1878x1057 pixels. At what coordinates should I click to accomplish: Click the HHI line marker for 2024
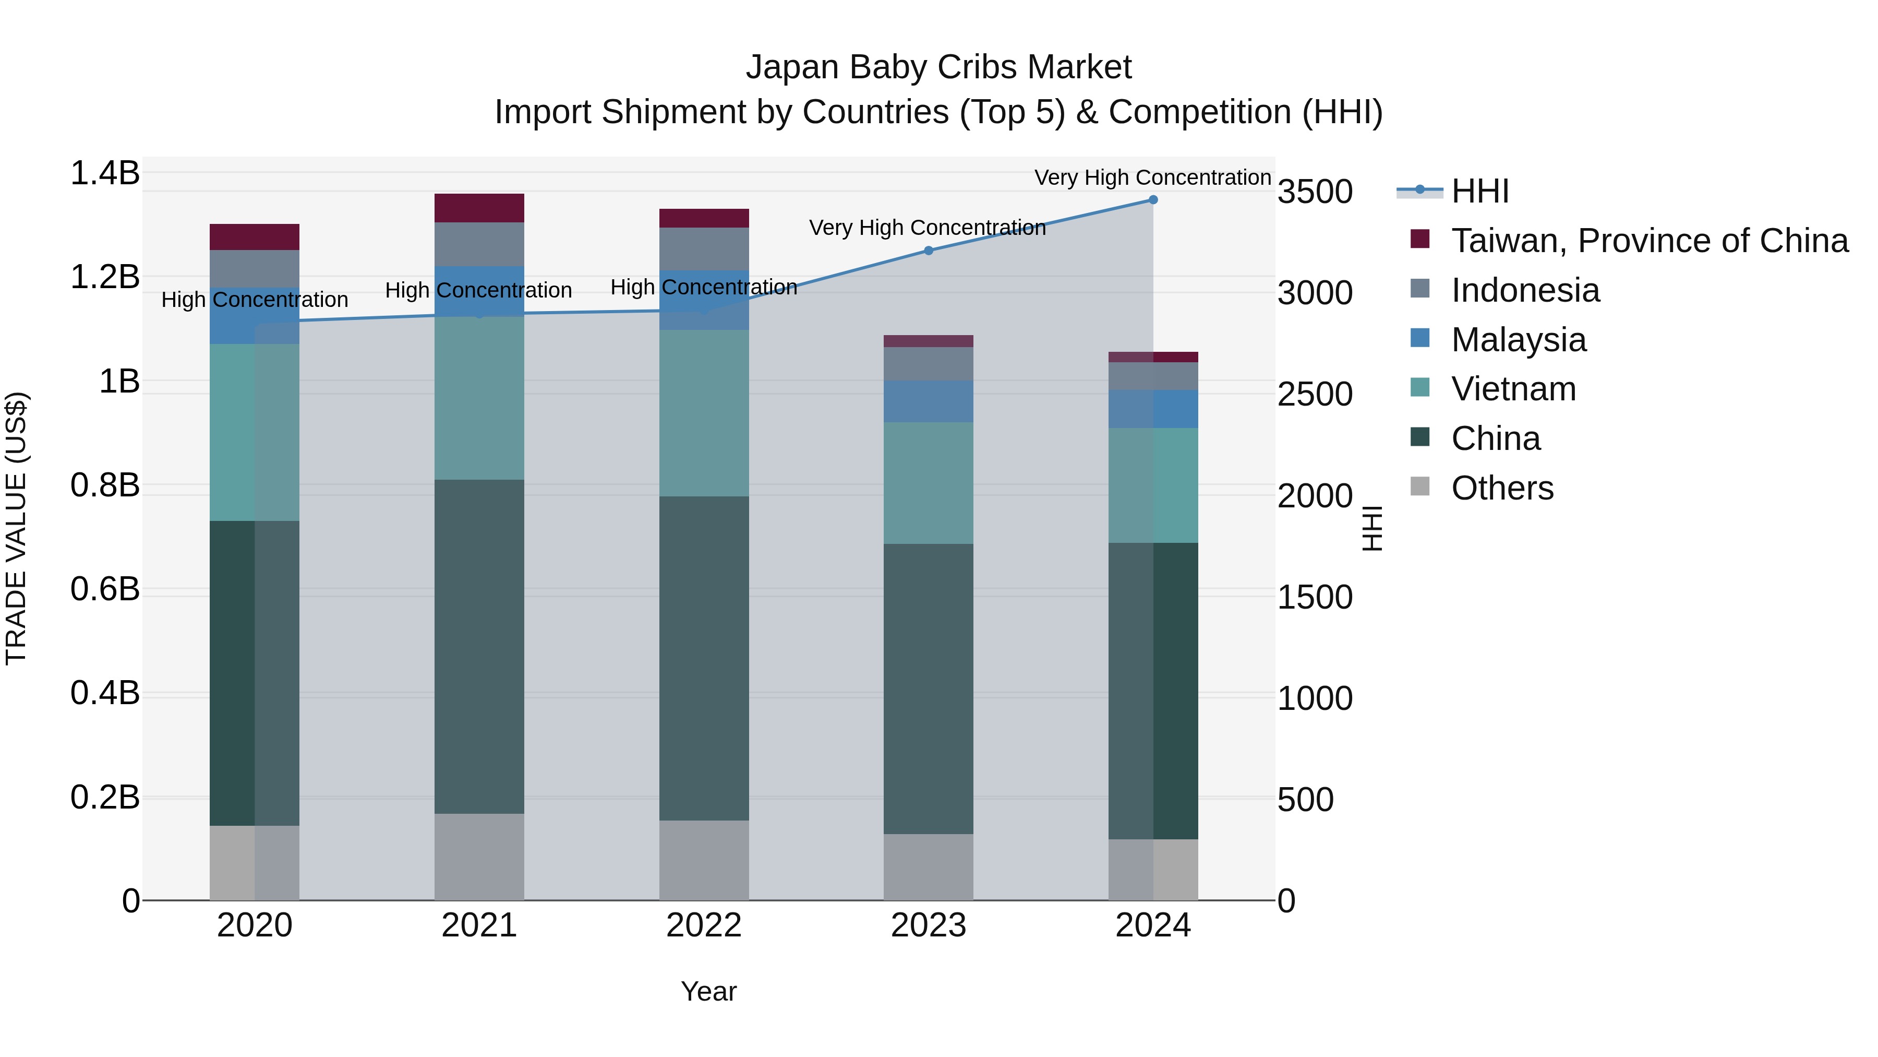[1152, 200]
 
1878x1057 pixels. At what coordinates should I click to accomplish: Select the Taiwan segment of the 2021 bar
[479, 208]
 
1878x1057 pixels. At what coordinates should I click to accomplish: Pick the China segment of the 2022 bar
[704, 658]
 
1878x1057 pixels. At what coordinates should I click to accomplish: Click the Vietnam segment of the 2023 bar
[928, 483]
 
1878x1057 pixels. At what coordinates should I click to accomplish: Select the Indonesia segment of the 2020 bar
[255, 268]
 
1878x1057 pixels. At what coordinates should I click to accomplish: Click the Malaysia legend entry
[1518, 340]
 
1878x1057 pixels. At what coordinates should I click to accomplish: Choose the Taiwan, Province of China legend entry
[1649, 241]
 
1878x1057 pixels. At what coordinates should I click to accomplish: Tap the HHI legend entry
[1479, 191]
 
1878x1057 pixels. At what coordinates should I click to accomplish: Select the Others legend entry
[1502, 488]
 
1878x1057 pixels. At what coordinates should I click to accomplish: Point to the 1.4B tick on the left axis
[105, 174]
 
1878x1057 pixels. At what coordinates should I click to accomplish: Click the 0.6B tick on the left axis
[105, 589]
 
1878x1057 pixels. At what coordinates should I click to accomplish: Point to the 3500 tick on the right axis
[1315, 192]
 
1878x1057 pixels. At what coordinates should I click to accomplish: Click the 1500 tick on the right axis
[1315, 598]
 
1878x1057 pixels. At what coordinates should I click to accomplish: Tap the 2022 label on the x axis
[704, 925]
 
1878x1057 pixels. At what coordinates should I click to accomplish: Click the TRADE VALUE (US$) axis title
[17, 528]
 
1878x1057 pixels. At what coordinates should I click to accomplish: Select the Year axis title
[708, 991]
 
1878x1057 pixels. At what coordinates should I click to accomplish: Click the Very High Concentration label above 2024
[1152, 177]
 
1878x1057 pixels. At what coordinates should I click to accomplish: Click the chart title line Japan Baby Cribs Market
[938, 67]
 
